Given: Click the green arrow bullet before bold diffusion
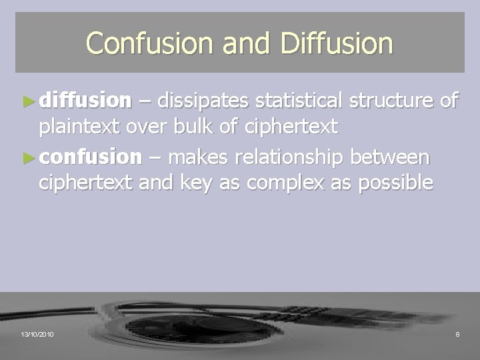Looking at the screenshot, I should tap(29, 101).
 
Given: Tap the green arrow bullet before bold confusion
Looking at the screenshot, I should tap(29, 157).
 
